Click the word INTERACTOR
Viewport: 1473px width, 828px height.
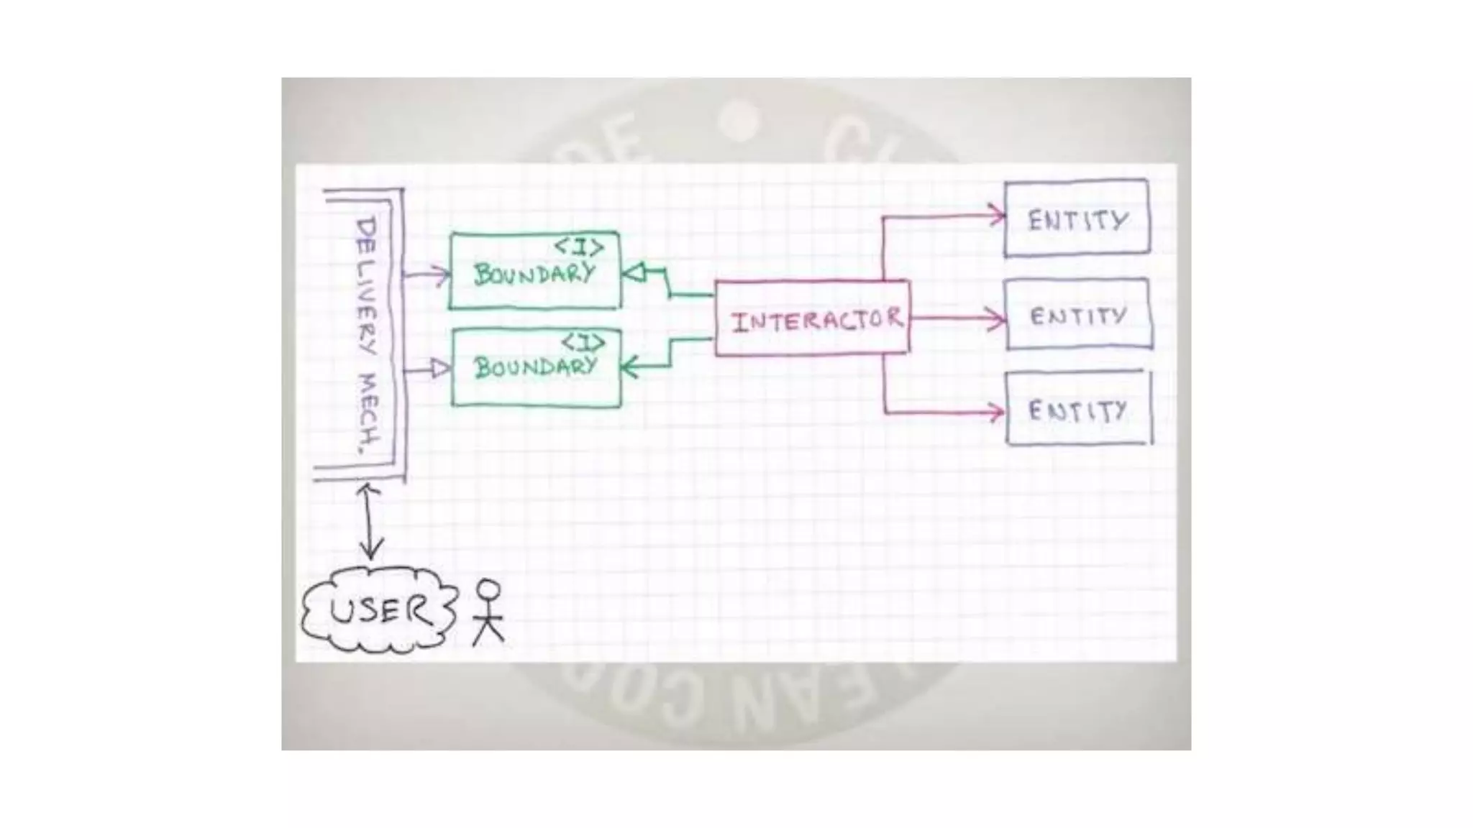coord(816,320)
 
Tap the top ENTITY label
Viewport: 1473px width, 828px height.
coord(1077,220)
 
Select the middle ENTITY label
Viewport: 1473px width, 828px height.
coord(1077,316)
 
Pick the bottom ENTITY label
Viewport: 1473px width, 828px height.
coord(1077,411)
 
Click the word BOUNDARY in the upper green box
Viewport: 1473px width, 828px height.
coord(534,274)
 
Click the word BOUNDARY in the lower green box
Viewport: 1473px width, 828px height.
coord(535,367)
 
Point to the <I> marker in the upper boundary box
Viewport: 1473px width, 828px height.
coord(578,248)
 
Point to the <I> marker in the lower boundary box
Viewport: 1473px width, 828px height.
coord(583,342)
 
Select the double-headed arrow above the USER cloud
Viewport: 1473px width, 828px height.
coord(370,521)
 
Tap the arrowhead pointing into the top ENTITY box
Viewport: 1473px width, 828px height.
coord(997,214)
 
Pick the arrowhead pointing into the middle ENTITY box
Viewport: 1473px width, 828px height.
coord(998,318)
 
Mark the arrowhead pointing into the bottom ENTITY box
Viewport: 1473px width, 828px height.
coord(996,413)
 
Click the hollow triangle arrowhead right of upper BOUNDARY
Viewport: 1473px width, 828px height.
coord(632,273)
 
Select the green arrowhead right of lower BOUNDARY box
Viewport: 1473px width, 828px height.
coord(628,369)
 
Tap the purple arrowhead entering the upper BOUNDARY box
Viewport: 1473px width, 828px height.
coord(442,275)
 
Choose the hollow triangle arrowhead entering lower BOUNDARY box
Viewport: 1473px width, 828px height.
coord(439,369)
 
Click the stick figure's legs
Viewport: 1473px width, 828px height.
coord(488,632)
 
